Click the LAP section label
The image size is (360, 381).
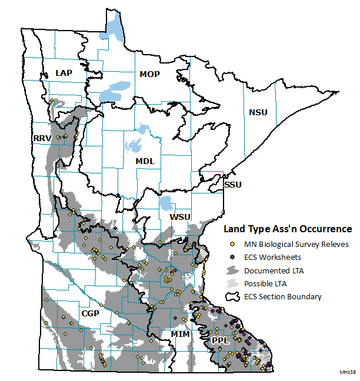64,72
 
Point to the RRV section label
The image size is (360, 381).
42,138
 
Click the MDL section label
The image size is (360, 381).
145,161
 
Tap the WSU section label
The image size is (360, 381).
180,217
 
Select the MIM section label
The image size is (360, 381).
180,334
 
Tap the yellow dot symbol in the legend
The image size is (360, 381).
232,244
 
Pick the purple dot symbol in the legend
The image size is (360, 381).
232,257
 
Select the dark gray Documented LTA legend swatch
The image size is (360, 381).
233,270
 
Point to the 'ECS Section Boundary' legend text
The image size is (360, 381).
284,296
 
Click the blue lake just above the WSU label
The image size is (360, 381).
167,204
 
